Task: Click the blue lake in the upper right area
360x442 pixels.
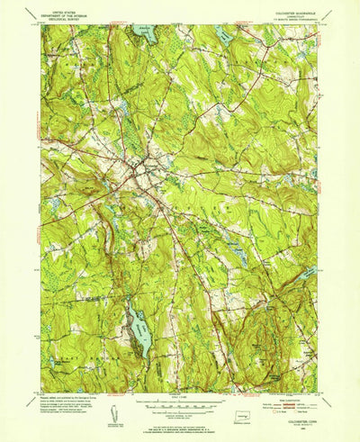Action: (x=226, y=36)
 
